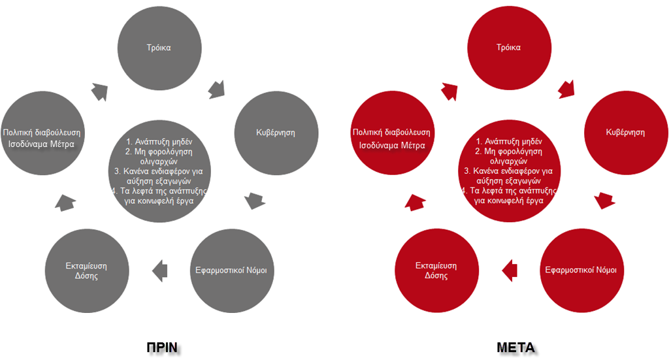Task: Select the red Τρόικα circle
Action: (508, 48)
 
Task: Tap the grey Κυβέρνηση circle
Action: (274, 133)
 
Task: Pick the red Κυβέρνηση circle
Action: (625, 133)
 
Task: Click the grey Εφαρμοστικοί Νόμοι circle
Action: (231, 270)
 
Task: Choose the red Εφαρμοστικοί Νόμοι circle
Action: (581, 270)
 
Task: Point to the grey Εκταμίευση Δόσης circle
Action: (86, 270)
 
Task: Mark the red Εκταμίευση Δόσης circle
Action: (436, 270)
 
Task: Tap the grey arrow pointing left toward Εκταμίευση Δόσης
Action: (159, 268)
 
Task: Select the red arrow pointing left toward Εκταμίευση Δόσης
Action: (510, 268)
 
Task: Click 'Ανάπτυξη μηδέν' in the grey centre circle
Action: (159, 141)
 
